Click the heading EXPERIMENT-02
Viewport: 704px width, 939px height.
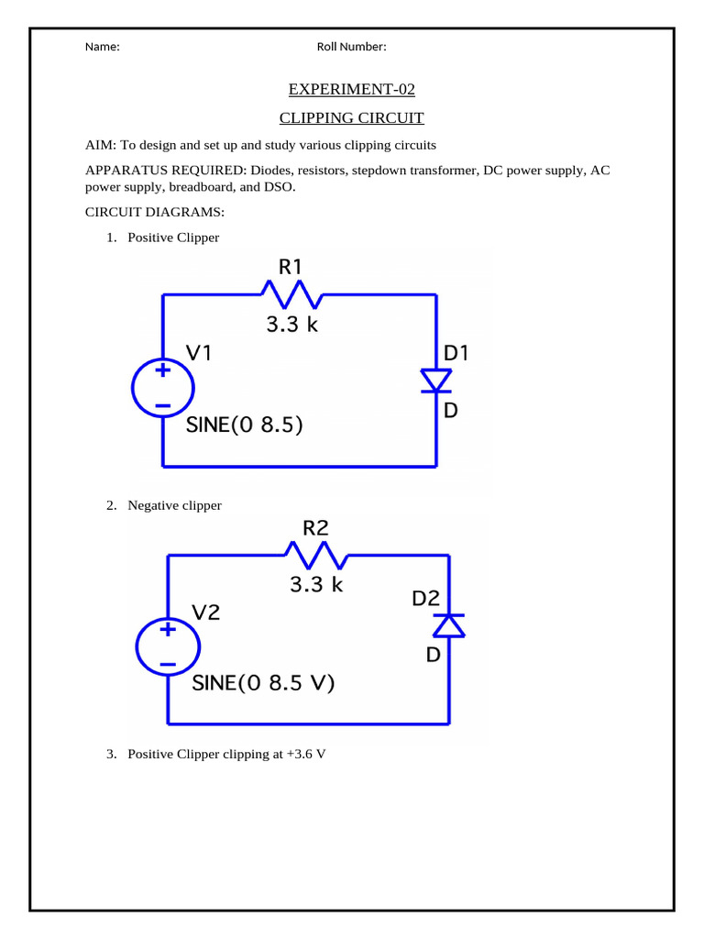351,89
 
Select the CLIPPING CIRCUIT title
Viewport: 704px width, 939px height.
351,118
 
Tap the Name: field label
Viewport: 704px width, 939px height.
102,48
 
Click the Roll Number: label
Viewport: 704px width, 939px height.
351,48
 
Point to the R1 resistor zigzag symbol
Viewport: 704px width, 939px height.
291,295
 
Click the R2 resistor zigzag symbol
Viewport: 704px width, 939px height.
316,555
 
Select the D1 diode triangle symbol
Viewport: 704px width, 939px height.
435,380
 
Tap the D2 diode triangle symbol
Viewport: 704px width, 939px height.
449,624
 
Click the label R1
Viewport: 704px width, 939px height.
290,267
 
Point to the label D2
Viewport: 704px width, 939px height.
425,599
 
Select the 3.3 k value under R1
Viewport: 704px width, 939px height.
291,324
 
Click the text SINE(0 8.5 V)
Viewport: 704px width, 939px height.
264,683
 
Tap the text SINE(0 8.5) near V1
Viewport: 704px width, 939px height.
245,425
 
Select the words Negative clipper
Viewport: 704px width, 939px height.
174,505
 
